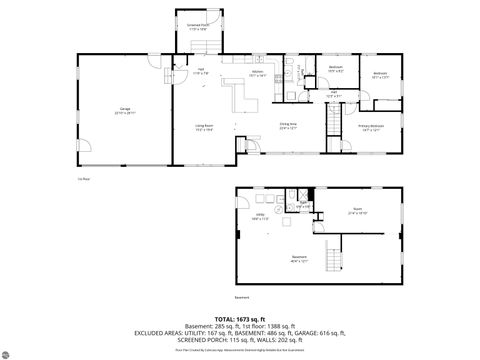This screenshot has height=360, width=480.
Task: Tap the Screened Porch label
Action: (198, 27)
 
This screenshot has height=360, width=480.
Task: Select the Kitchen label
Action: (257, 73)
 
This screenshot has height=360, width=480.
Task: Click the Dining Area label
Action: (289, 126)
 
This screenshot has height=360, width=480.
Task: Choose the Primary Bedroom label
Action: (371, 127)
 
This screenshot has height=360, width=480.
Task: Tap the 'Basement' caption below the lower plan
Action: (241, 297)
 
